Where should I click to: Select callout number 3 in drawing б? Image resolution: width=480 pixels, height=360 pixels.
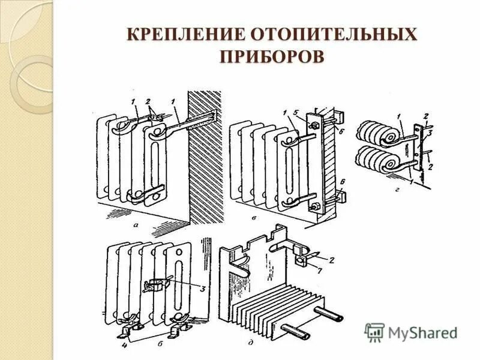click(202, 289)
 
